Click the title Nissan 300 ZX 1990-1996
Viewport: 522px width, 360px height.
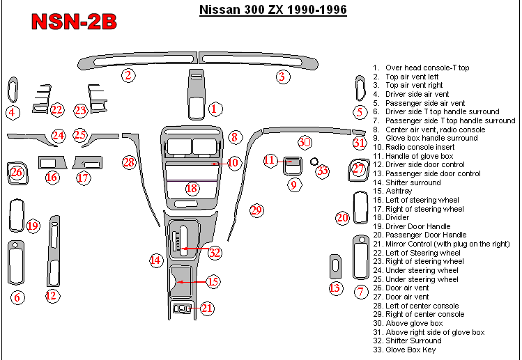point(272,10)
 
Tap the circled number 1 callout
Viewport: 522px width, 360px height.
point(215,109)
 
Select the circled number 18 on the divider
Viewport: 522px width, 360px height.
point(191,187)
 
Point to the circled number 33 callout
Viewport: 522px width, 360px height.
point(321,170)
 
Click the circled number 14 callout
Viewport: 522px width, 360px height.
point(155,260)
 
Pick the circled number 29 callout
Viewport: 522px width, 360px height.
point(256,210)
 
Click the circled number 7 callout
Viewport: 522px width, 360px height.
point(360,292)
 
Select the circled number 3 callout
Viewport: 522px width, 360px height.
point(282,77)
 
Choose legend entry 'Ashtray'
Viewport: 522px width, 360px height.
point(399,191)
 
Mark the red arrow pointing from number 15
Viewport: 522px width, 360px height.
point(192,281)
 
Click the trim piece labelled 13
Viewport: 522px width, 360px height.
point(336,265)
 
